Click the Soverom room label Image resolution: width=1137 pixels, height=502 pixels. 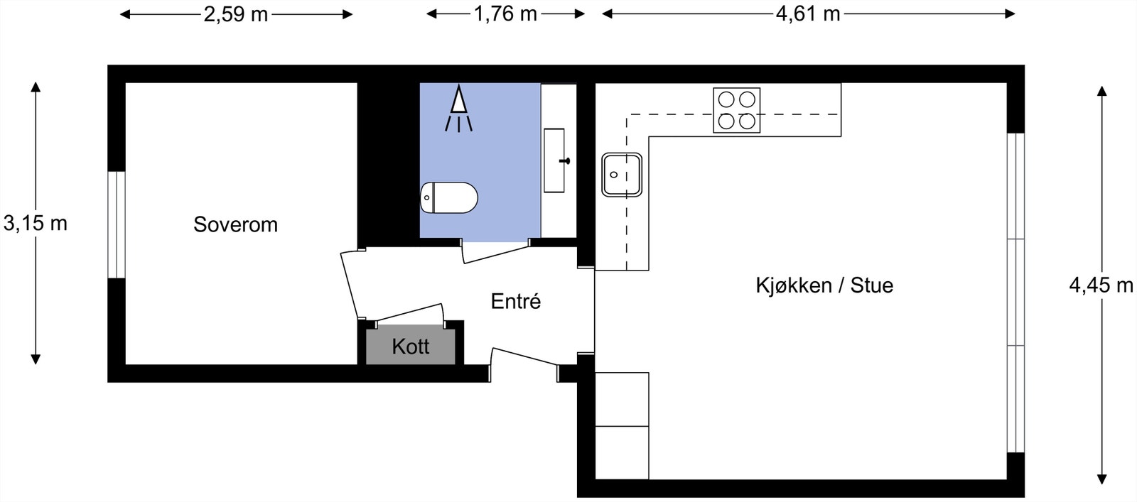(x=235, y=224)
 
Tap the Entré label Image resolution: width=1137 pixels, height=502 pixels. (x=516, y=301)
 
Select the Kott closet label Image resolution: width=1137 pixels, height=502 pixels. (x=410, y=347)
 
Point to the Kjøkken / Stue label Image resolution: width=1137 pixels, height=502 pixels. (x=824, y=285)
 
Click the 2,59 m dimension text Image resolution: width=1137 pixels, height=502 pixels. (x=235, y=14)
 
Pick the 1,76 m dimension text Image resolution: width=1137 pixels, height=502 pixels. (x=505, y=13)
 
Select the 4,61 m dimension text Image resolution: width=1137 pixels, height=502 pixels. (x=808, y=13)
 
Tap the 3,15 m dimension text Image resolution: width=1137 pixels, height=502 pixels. (x=35, y=223)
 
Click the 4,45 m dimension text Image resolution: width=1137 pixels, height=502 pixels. (x=1101, y=285)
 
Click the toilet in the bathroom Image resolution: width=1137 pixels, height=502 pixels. (x=449, y=198)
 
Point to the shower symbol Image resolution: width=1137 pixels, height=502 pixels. (x=459, y=109)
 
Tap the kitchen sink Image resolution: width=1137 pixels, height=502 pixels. (x=622, y=175)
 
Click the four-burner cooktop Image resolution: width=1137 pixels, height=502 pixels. (x=736, y=111)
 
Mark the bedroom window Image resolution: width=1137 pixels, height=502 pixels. (x=117, y=224)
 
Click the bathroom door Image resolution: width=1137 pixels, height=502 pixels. (x=496, y=251)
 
